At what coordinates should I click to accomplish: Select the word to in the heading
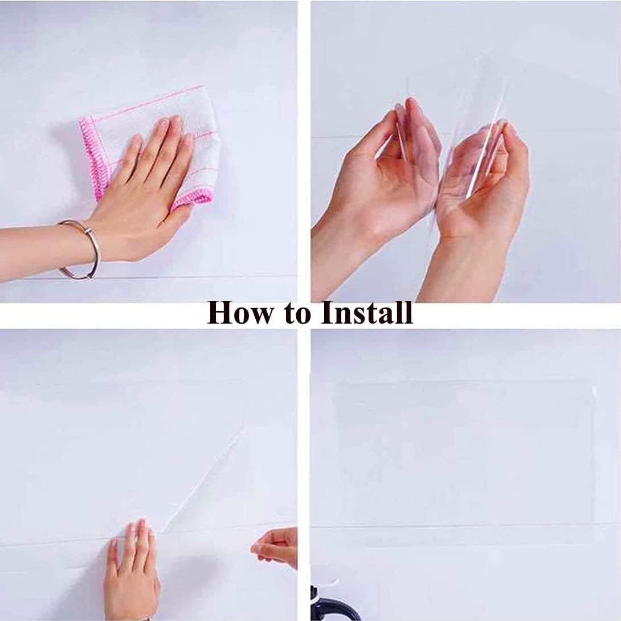[302, 313]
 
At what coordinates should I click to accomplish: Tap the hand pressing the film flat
[132, 570]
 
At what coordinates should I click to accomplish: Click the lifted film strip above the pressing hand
[205, 479]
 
